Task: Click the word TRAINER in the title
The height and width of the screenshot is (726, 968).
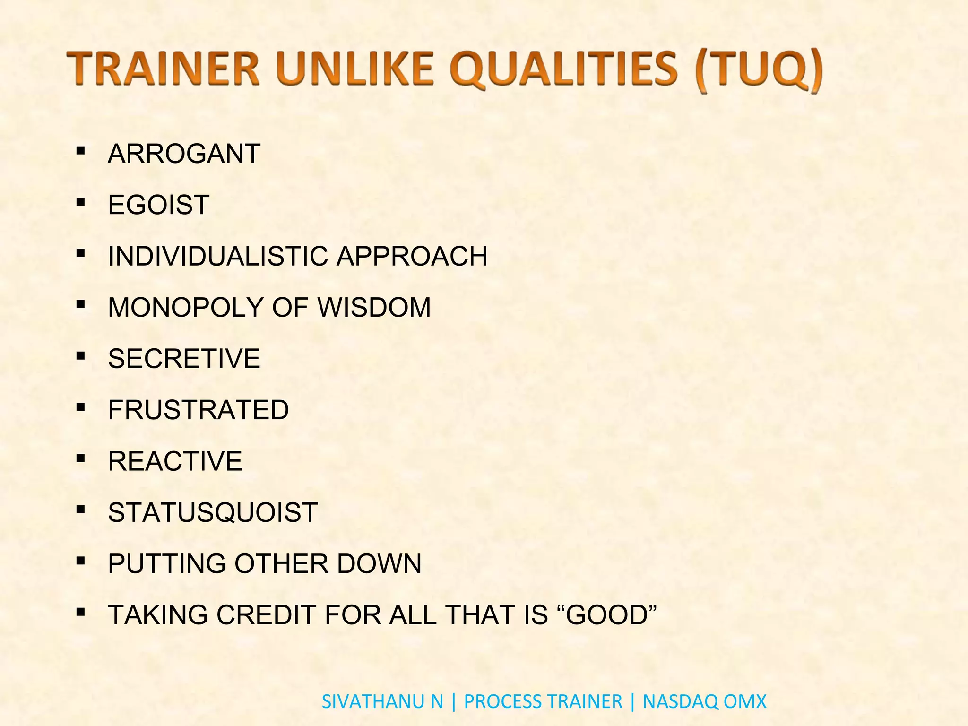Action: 164,69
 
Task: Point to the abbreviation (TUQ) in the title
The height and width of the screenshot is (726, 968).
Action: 760,71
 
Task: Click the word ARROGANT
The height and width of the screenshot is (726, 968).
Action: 184,154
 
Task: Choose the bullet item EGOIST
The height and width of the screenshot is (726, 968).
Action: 158,205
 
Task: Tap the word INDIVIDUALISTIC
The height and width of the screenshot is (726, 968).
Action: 218,256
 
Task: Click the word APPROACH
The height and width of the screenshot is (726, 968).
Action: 412,256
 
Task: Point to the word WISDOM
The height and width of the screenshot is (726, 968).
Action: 374,307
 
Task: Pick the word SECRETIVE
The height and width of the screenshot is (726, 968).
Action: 184,358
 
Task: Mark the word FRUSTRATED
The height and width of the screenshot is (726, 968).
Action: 198,410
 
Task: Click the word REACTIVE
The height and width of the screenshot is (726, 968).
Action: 175,461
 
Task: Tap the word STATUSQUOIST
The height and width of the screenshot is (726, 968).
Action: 213,512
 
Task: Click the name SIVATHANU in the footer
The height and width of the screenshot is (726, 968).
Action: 374,701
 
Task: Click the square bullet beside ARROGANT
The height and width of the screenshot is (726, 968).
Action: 80,151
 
